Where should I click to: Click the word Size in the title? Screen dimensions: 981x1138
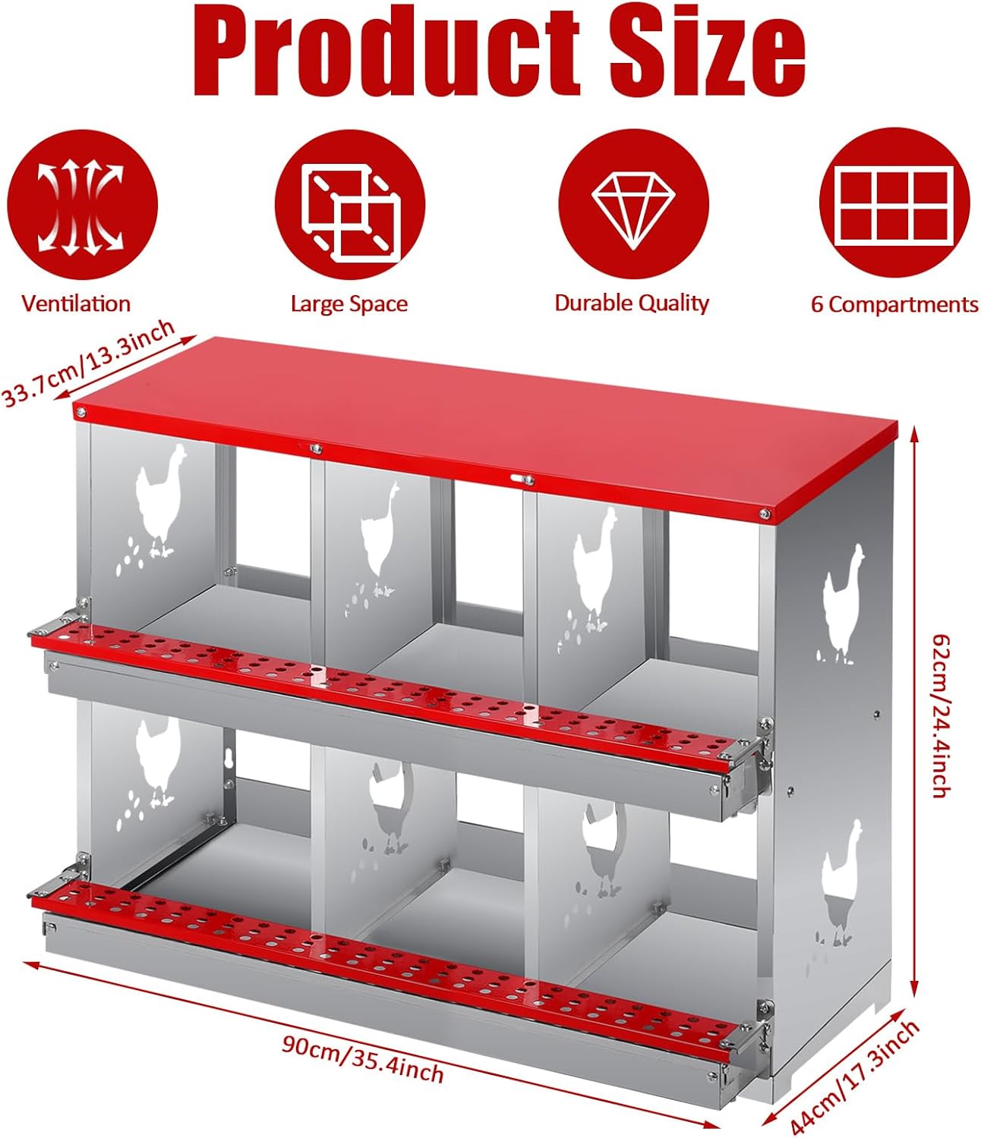(x=707, y=53)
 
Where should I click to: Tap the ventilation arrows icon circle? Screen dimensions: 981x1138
(x=82, y=204)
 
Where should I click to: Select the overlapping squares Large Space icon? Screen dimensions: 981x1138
(x=350, y=204)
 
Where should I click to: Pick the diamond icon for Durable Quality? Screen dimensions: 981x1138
(x=633, y=204)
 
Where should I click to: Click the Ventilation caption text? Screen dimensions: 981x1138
(x=76, y=303)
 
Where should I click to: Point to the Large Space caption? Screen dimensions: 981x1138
(x=349, y=304)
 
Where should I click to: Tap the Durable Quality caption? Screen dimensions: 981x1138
(x=632, y=303)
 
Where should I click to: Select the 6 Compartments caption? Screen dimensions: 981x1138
(x=894, y=304)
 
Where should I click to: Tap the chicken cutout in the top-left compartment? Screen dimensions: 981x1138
(x=160, y=501)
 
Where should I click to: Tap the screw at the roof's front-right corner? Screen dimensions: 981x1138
(x=765, y=514)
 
